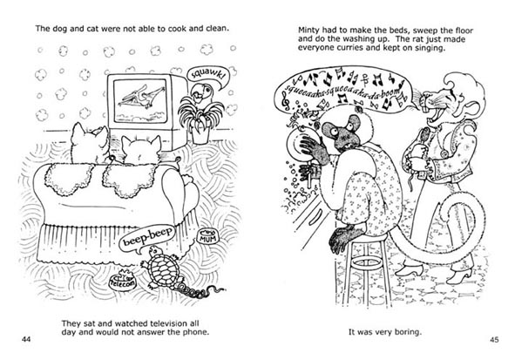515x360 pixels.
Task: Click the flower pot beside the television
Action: point(200,133)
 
